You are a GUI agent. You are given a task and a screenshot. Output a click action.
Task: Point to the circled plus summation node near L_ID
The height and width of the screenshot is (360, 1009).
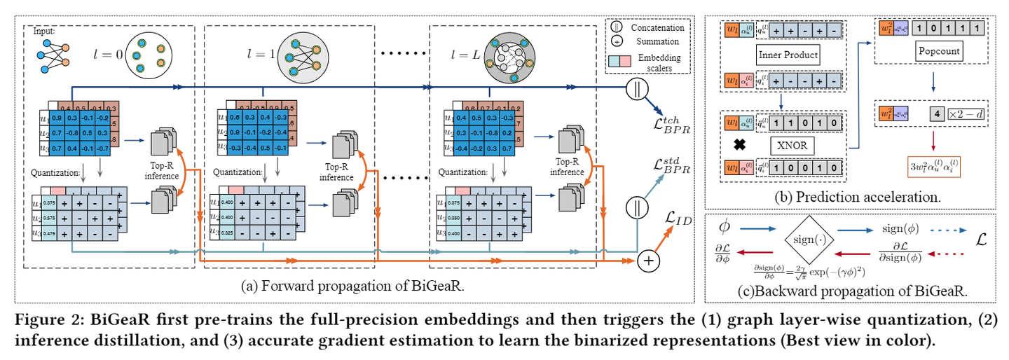pyautogui.click(x=648, y=261)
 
